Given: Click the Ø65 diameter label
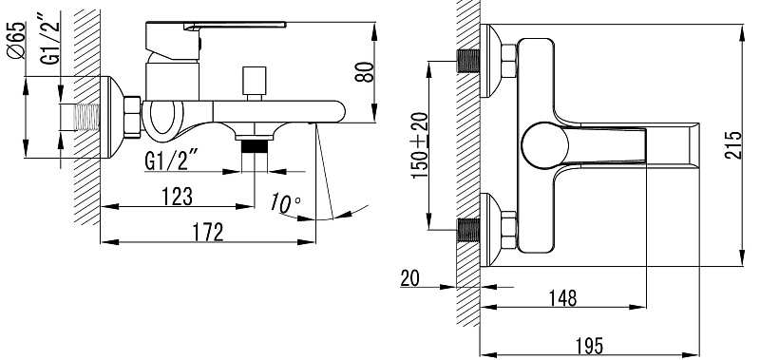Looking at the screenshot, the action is (16, 40).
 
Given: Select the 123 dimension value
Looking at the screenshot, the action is (177, 197).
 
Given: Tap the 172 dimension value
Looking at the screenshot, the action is (208, 232).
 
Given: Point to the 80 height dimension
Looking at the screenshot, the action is (365, 72).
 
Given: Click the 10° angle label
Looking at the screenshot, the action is (286, 202).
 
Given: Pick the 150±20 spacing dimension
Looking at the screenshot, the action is (420, 145).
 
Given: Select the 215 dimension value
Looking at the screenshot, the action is (732, 145).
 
